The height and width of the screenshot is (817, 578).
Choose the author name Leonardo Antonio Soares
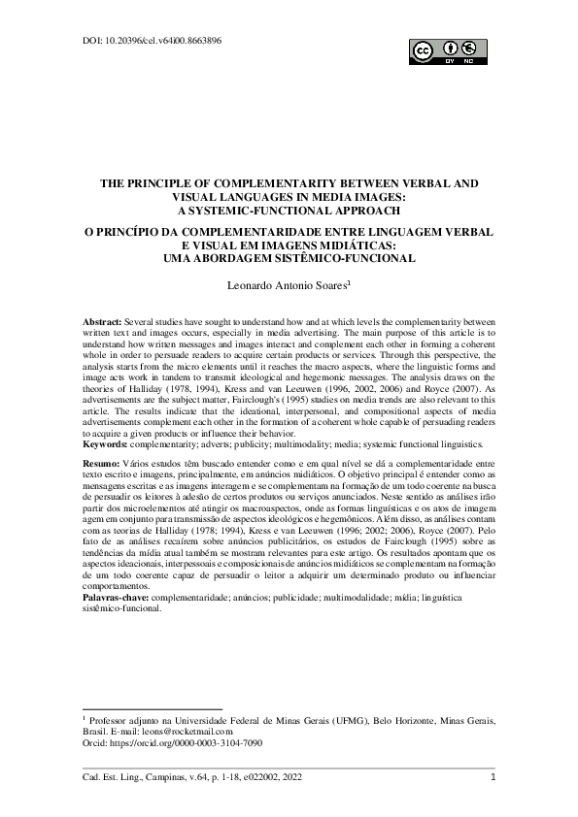284,286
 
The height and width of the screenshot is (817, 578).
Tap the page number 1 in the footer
493,777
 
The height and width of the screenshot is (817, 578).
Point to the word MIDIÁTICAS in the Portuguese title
367,245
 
